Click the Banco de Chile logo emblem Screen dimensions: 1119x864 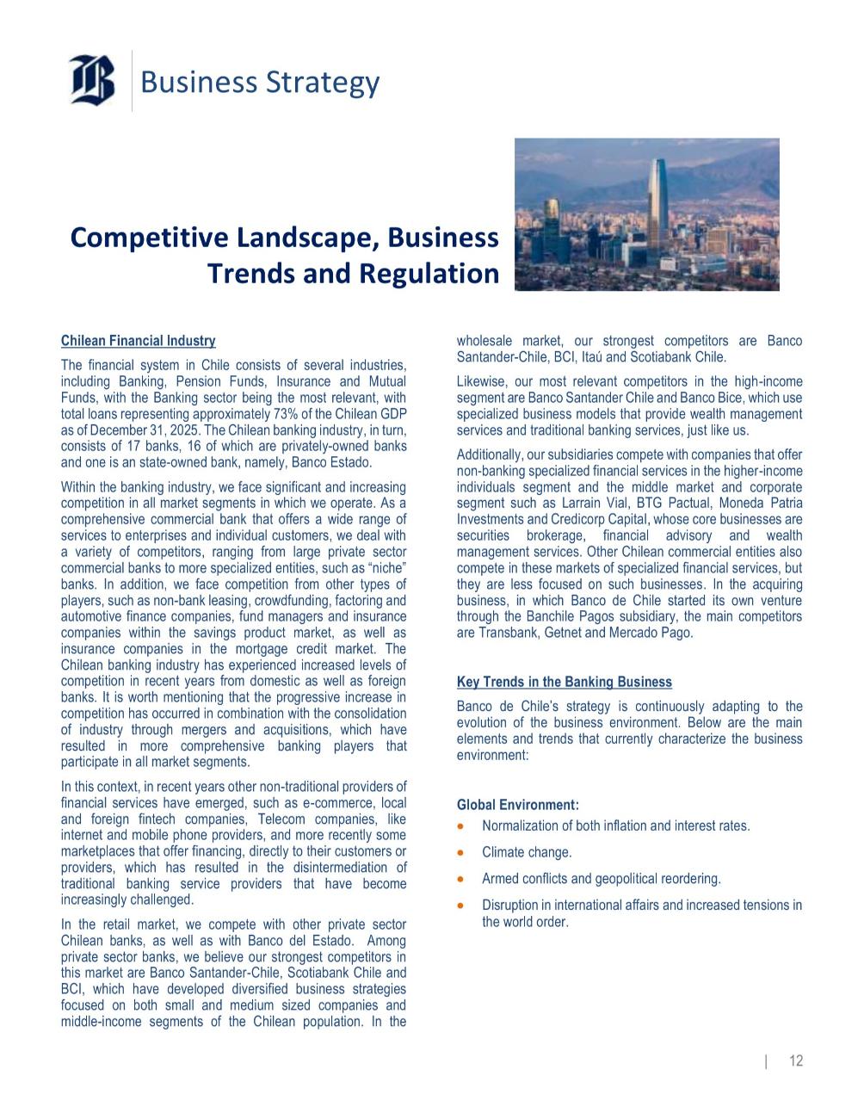(x=92, y=80)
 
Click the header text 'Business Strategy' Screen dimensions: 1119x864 (x=259, y=83)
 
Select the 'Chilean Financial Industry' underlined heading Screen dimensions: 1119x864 (x=138, y=341)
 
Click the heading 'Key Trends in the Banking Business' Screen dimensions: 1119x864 (x=564, y=682)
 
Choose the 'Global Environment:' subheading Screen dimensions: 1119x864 (x=517, y=805)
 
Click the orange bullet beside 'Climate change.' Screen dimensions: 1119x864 (x=463, y=853)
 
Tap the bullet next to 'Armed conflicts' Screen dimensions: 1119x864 (x=463, y=880)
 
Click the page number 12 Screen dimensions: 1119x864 (x=796, y=1060)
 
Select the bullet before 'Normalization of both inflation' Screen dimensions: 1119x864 (x=463, y=826)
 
